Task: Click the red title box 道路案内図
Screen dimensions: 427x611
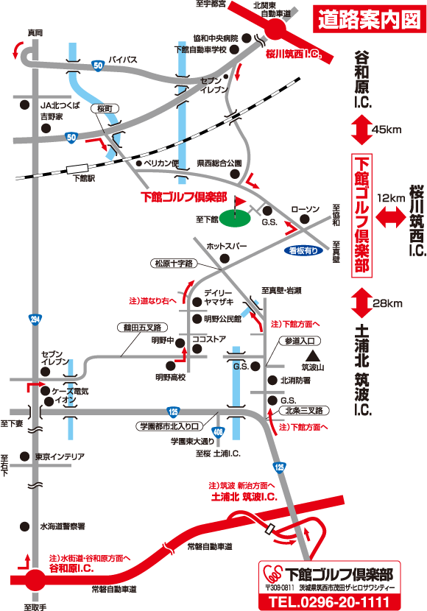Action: click(x=370, y=19)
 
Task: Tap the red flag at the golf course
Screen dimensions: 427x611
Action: click(x=240, y=202)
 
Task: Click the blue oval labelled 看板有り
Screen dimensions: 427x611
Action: click(x=303, y=251)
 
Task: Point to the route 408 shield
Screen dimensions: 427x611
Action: click(x=218, y=432)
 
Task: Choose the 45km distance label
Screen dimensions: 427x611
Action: click(x=387, y=130)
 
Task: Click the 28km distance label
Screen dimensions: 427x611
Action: click(x=388, y=303)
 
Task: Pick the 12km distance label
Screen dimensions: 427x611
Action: click(x=391, y=198)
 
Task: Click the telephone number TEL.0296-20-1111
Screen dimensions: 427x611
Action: click(x=329, y=602)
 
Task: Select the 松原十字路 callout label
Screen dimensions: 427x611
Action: click(x=174, y=264)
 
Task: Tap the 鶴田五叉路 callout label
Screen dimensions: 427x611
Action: click(x=142, y=328)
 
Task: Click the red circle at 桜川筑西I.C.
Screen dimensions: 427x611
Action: click(x=275, y=28)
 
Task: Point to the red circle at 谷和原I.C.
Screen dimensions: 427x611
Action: click(x=35, y=579)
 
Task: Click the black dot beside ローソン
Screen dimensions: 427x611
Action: click(x=305, y=219)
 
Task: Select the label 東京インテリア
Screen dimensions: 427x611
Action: click(x=60, y=456)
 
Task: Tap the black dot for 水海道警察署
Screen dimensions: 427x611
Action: click(x=24, y=526)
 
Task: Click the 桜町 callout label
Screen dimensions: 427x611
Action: click(x=105, y=109)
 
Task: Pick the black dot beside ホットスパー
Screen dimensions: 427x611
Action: click(x=225, y=258)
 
